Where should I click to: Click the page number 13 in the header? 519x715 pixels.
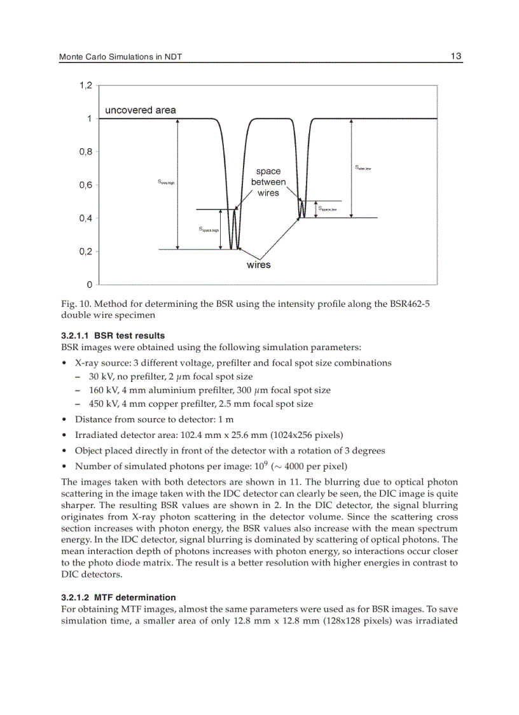[x=455, y=57]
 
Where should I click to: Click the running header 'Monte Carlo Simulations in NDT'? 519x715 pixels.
[x=120, y=57]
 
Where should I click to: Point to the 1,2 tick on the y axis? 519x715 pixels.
[x=86, y=85]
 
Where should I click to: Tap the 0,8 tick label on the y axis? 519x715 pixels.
[x=86, y=152]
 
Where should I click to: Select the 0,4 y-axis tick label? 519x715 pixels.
[x=86, y=218]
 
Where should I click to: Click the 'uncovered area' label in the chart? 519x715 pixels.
[x=141, y=110]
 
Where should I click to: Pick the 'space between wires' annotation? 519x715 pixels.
[x=268, y=182]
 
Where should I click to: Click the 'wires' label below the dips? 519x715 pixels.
[x=258, y=265]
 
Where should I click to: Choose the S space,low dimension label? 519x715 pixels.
[x=327, y=208]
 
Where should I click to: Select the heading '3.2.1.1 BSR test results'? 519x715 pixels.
[x=113, y=336]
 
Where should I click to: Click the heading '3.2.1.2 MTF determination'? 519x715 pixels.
[x=118, y=597]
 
